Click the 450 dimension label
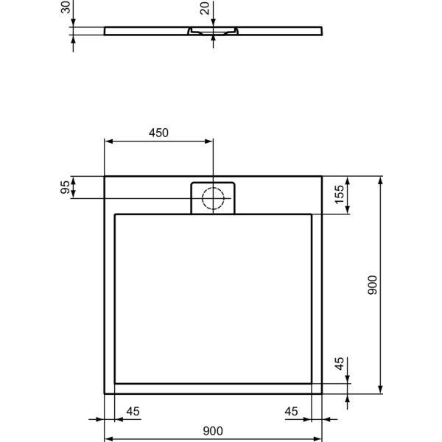(158, 133)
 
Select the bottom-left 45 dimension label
(133, 410)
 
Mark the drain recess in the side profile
(212, 32)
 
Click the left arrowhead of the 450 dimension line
(108, 141)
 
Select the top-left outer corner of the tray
(105, 175)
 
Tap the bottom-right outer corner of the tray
(323, 393)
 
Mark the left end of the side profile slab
(105, 32)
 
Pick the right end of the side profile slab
(322, 32)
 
